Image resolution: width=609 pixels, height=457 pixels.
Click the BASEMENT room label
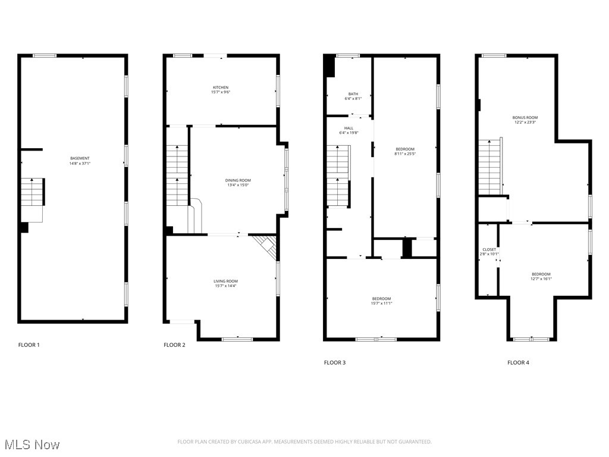point(79,158)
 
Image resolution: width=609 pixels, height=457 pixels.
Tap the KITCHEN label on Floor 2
point(220,87)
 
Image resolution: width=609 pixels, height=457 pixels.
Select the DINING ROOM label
point(238,180)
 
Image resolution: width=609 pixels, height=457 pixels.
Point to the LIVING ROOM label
point(226,281)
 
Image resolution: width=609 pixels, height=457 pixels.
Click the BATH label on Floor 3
point(353,94)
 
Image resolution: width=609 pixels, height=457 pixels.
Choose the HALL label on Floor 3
point(349,128)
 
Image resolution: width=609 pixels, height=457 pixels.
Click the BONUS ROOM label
point(525,118)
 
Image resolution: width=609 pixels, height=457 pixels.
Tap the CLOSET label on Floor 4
point(489,249)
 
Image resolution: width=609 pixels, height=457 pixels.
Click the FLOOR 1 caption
point(29,345)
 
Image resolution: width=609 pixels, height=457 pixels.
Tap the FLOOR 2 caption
point(174,345)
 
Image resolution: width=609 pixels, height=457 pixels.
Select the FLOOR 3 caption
point(334,362)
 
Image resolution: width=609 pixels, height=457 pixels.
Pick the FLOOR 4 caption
point(518,362)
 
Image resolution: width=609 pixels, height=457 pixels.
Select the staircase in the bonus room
point(490,167)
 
